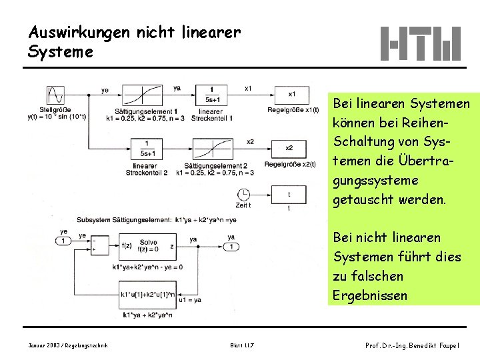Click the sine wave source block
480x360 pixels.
tap(55, 95)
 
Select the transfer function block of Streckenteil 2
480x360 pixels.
tap(145, 148)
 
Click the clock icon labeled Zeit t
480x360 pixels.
tap(243, 195)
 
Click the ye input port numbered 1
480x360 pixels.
tap(63, 241)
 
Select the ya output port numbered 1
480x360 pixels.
tap(231, 247)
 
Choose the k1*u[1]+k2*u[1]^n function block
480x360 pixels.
tap(148, 293)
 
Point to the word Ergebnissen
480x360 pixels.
tap(370, 295)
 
